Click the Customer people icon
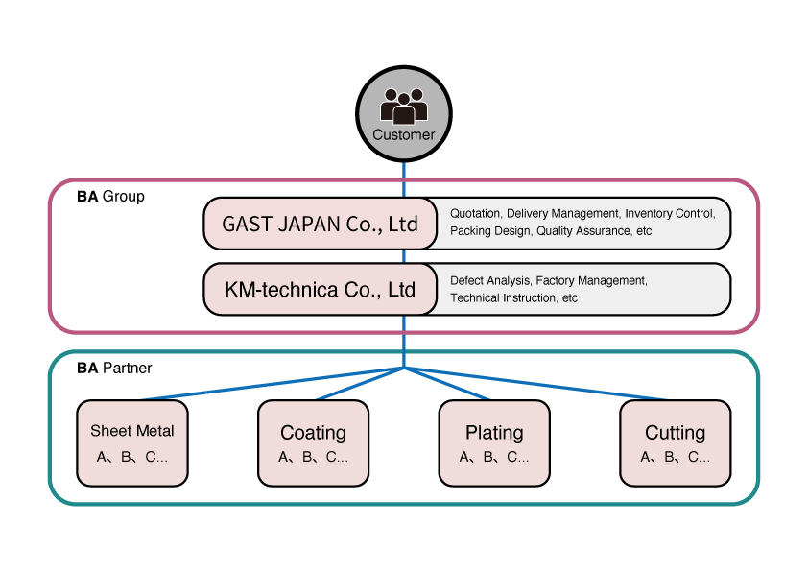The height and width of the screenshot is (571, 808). coord(403,104)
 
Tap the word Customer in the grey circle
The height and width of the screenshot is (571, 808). coord(403,135)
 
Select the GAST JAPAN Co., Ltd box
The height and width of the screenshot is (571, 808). coord(320,224)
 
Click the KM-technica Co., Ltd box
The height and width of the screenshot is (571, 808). coord(320,289)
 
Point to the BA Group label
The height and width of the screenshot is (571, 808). coord(110,197)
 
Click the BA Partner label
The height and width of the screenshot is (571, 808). coord(114,368)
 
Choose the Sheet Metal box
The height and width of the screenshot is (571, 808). coord(132,442)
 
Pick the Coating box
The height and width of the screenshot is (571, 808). coord(313,442)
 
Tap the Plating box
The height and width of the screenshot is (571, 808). coord(494,442)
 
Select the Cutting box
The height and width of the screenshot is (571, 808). coord(675,442)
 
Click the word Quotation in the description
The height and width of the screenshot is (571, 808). coord(475,214)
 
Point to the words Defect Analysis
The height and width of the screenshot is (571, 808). coord(489,281)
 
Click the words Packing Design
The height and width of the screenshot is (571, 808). coord(490,231)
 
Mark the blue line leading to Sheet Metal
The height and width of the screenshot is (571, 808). coord(269,383)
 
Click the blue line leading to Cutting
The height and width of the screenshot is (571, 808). coord(537,383)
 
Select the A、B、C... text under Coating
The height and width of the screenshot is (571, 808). coord(313,457)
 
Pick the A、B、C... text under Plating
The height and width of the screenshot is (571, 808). coord(494,457)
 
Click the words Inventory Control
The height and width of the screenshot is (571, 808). coord(669,214)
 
